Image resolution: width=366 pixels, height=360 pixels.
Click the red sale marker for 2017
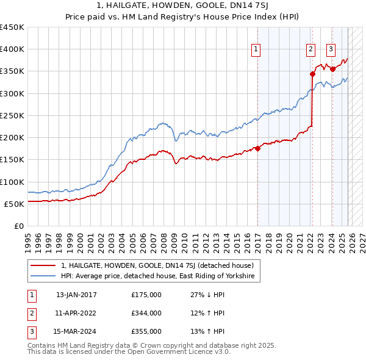coord(257,148)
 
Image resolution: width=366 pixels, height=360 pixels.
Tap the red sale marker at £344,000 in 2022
coord(312,74)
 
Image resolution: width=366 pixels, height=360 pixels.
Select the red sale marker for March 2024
coord(332,69)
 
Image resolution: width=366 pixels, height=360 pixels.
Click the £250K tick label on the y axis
coord(12,115)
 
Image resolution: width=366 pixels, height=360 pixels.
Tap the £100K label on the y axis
coord(12,182)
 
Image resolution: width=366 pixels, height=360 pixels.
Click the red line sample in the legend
coord(44,265)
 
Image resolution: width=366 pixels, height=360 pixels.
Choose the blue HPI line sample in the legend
coord(44,276)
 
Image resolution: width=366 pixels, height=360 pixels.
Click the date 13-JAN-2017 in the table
coord(76,295)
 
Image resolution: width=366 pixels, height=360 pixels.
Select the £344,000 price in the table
coord(146,313)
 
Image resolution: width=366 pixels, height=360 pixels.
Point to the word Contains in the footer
coord(42,345)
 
